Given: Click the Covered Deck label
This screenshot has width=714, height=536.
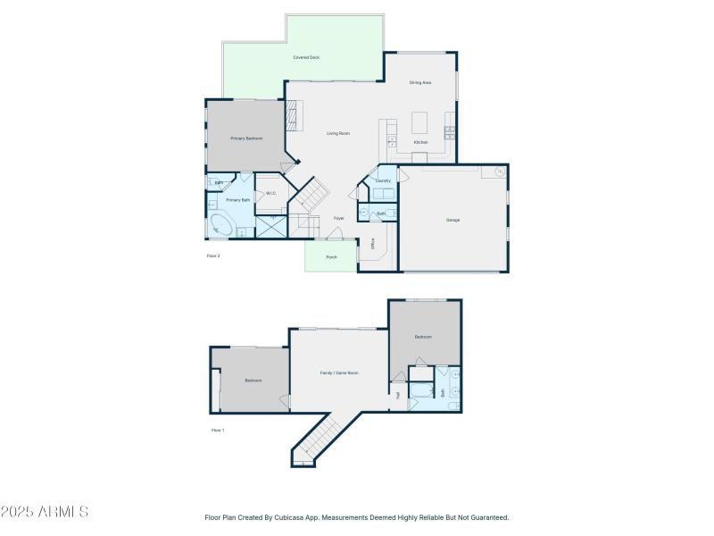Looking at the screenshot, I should pos(306,57).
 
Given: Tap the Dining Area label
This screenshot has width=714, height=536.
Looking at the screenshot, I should pos(420,82).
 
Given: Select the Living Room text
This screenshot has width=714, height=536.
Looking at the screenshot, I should pos(337,133).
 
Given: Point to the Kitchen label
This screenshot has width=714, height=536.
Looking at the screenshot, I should pos(420,142).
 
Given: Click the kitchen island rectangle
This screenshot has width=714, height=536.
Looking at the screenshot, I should pos(420,121).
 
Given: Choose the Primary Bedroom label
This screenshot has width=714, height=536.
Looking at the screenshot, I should pos(245,138).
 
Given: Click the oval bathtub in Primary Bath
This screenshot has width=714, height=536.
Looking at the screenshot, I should pos(220,226).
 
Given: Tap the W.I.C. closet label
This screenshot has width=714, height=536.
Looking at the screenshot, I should pos(270,193).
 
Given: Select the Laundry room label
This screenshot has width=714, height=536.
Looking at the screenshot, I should pos(383,180).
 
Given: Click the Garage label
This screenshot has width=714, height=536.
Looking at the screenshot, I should pos(453,220).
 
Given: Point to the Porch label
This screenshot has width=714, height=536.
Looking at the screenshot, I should pos(331,257).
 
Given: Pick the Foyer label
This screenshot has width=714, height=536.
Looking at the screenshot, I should pos(339,218).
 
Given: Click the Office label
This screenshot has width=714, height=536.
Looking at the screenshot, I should pos(372,242).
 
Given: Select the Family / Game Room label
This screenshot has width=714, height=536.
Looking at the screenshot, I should pos(339,373).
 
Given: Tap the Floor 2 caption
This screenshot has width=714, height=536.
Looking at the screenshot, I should pos(213,256).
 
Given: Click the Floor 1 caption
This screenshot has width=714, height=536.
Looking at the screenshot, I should pos(217,431).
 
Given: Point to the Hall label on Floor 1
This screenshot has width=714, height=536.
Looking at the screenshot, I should pos(398,394).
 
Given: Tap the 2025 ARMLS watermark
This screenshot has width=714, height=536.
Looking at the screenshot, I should pos(45,512).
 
